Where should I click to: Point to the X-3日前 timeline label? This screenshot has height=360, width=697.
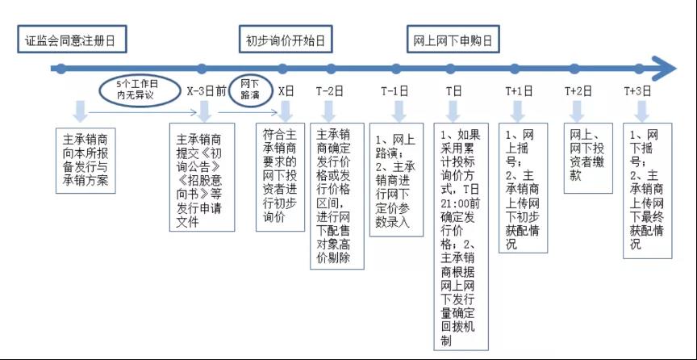click(207, 91)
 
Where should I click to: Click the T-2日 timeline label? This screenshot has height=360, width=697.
click(330, 91)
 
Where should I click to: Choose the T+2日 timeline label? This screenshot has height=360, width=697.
click(578, 91)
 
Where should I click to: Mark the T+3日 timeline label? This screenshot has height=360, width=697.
click(640, 91)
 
